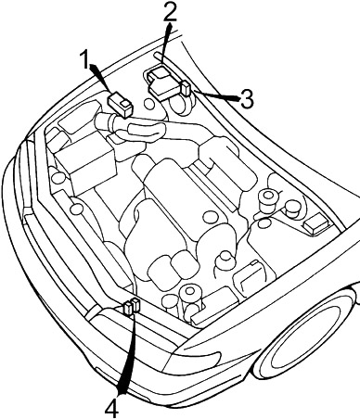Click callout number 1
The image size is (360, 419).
(x=84, y=59)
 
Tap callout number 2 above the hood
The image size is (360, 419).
(x=170, y=11)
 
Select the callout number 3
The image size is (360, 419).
(x=247, y=99)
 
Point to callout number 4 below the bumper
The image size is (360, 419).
(x=111, y=407)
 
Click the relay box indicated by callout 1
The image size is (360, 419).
(x=120, y=105)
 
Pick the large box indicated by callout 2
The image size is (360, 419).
(x=163, y=83)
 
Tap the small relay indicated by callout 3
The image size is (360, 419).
(x=186, y=88)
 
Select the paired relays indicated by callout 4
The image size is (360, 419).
(x=132, y=306)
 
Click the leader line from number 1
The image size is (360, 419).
(x=100, y=79)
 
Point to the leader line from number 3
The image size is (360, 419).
(x=215, y=95)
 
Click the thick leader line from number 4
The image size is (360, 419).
(x=127, y=354)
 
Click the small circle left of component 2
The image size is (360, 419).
(x=149, y=104)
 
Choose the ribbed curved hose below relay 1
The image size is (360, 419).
(x=145, y=133)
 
